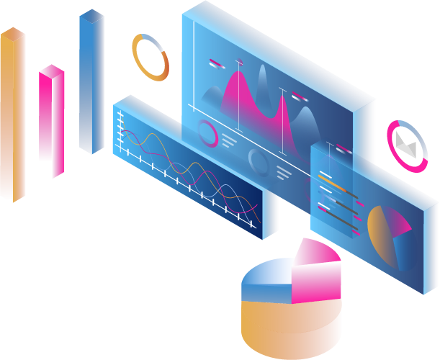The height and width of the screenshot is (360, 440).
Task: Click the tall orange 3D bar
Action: [13, 115]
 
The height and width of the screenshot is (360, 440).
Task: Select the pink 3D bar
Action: [52, 119]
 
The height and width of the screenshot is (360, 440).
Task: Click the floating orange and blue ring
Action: [151, 56]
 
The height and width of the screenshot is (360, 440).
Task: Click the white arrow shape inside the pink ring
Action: [407, 146]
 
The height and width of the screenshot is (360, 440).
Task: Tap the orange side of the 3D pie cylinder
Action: [288, 328]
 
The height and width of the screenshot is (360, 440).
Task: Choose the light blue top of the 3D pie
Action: [270, 277]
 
